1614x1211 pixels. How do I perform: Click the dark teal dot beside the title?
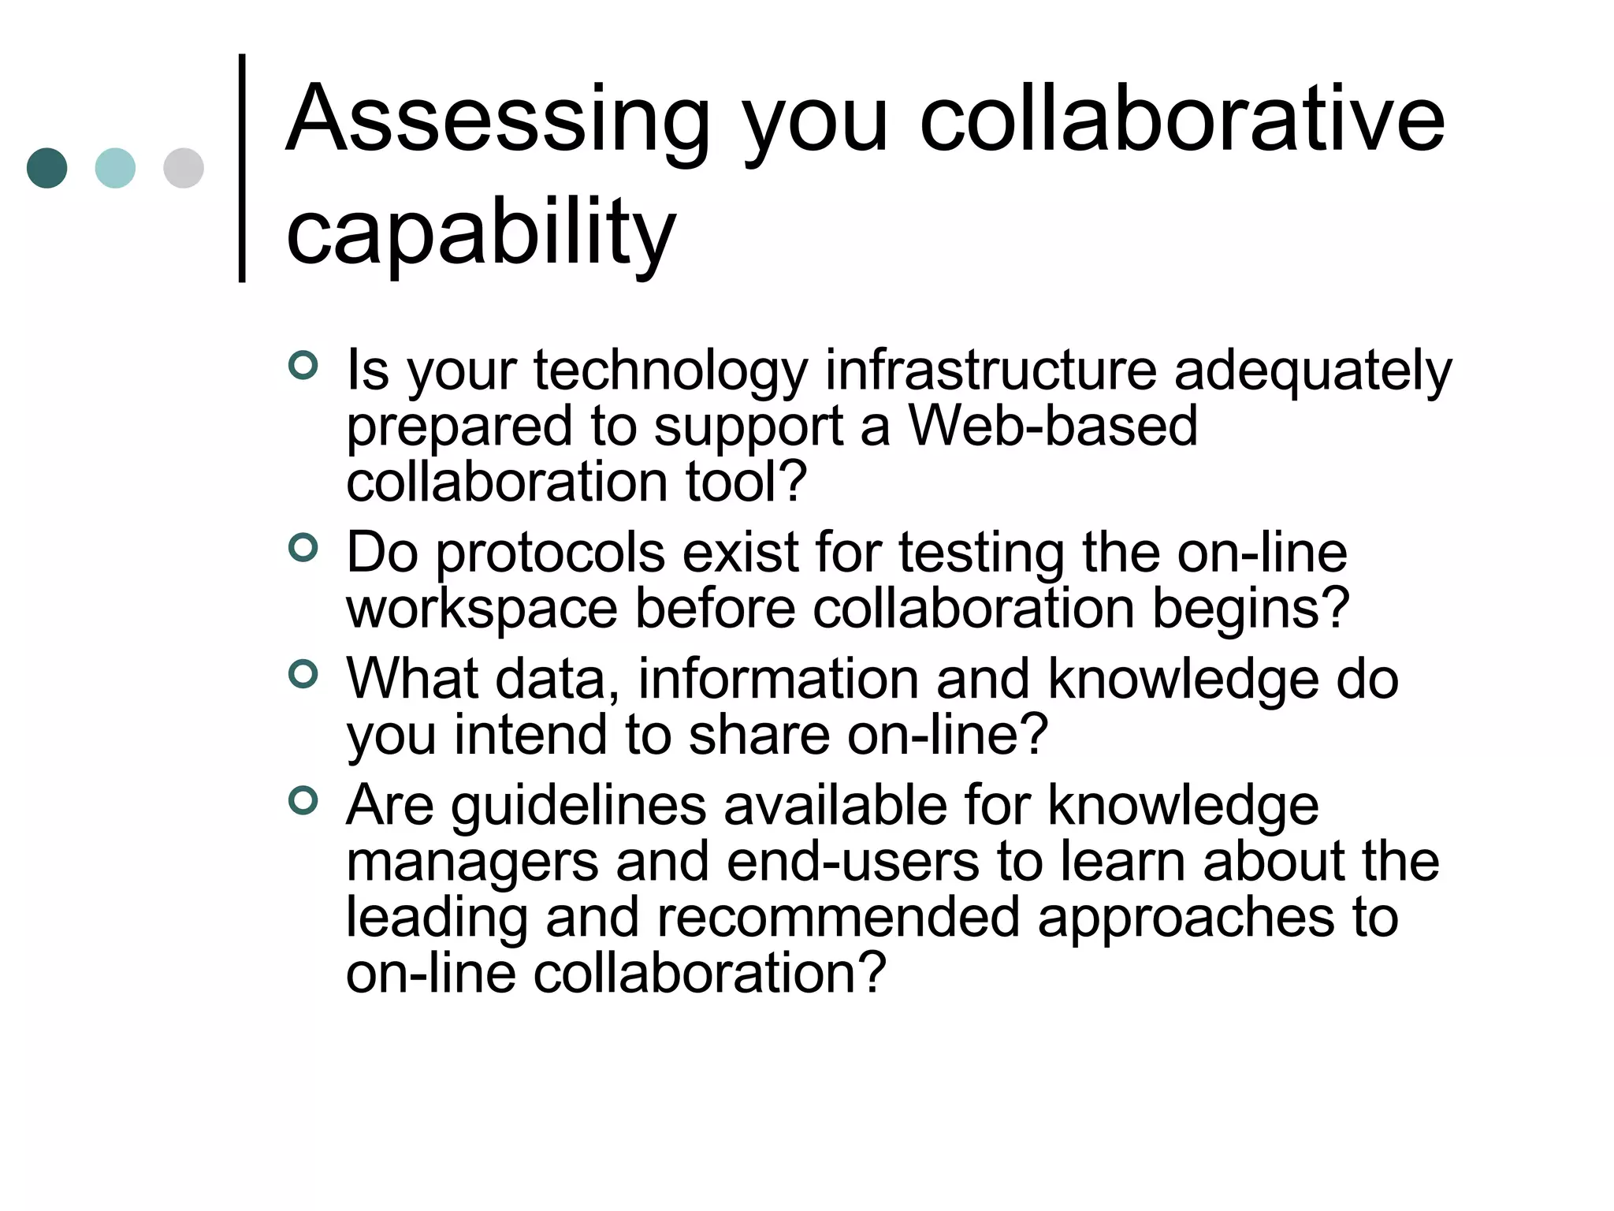point(46,168)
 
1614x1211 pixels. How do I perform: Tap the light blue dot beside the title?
point(115,168)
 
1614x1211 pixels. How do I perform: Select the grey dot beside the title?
point(184,168)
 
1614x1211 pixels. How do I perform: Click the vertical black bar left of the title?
point(242,167)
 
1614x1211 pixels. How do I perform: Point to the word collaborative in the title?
point(1182,120)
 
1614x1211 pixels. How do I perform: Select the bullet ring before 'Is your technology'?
point(303,365)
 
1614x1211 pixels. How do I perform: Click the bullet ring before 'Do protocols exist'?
point(303,547)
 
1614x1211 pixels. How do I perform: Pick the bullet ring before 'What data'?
point(303,674)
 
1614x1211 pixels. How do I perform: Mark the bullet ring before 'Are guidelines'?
point(303,800)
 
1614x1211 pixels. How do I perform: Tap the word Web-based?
point(1053,426)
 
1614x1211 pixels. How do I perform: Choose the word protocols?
point(550,553)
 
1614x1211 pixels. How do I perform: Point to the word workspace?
point(482,609)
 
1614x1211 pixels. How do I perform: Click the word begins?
point(1251,609)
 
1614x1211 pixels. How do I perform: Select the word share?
point(759,735)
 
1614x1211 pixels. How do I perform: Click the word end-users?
point(853,861)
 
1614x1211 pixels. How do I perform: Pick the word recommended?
point(838,918)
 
